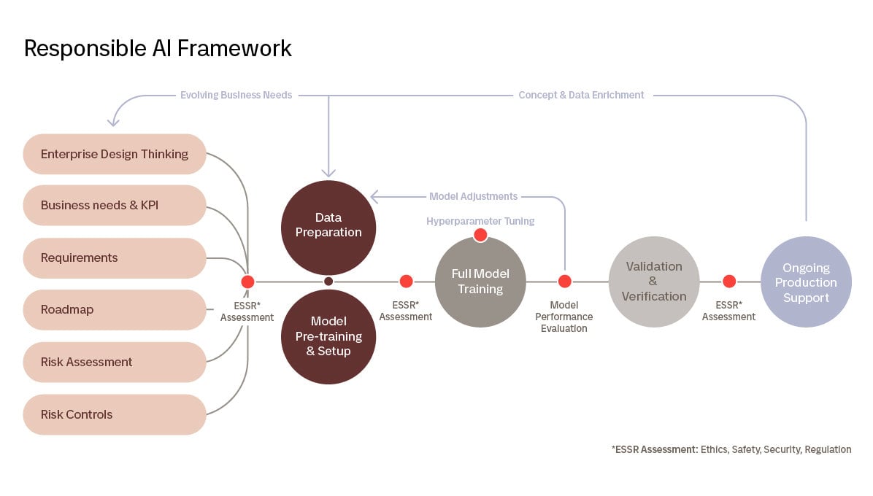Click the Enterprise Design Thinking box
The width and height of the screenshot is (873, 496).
point(115,154)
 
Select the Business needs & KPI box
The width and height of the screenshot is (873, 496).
point(115,205)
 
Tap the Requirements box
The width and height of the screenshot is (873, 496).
point(115,257)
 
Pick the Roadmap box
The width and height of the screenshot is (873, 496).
point(115,309)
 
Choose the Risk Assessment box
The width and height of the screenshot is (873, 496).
point(115,362)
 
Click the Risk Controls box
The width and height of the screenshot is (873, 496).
point(115,414)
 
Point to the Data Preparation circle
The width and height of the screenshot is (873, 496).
point(328,226)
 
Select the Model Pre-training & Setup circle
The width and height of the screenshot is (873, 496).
point(328,336)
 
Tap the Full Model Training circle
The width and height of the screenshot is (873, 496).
point(480,282)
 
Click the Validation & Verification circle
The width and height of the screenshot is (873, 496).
point(653,282)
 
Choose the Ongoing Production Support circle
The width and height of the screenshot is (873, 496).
point(806,282)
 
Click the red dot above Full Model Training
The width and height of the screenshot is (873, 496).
point(480,235)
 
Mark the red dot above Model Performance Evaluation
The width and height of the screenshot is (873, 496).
point(564,282)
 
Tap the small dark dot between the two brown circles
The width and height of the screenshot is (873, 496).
point(328,282)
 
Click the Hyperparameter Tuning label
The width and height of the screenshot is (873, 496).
point(480,221)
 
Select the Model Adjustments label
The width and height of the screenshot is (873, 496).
point(473,196)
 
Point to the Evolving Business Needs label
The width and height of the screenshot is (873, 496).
point(236,95)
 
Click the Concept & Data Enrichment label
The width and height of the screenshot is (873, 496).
point(581,95)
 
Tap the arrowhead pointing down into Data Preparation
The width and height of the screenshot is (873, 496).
point(328,174)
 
